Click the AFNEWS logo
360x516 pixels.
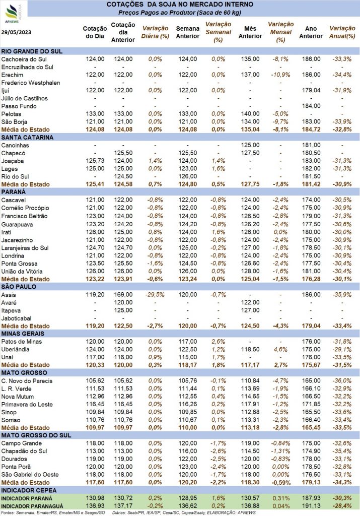13,14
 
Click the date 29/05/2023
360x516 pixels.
16,32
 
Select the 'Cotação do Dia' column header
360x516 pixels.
95,32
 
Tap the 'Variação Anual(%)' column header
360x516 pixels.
342,32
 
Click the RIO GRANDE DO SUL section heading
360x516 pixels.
32,51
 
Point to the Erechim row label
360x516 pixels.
12,75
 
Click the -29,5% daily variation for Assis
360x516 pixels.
155,294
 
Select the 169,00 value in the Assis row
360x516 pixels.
123,294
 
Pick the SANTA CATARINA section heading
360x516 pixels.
27,137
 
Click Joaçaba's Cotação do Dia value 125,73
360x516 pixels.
95,161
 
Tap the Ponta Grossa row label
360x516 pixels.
20,264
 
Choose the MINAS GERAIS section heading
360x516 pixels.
23,334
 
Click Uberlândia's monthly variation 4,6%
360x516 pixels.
280,350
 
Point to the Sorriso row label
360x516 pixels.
11,420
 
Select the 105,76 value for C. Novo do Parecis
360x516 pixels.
188,381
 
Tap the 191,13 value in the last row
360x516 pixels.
311,506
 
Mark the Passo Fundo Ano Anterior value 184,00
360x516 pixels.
311,106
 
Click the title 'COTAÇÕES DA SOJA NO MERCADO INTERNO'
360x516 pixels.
180,5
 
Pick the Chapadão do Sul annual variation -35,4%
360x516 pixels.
342,451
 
